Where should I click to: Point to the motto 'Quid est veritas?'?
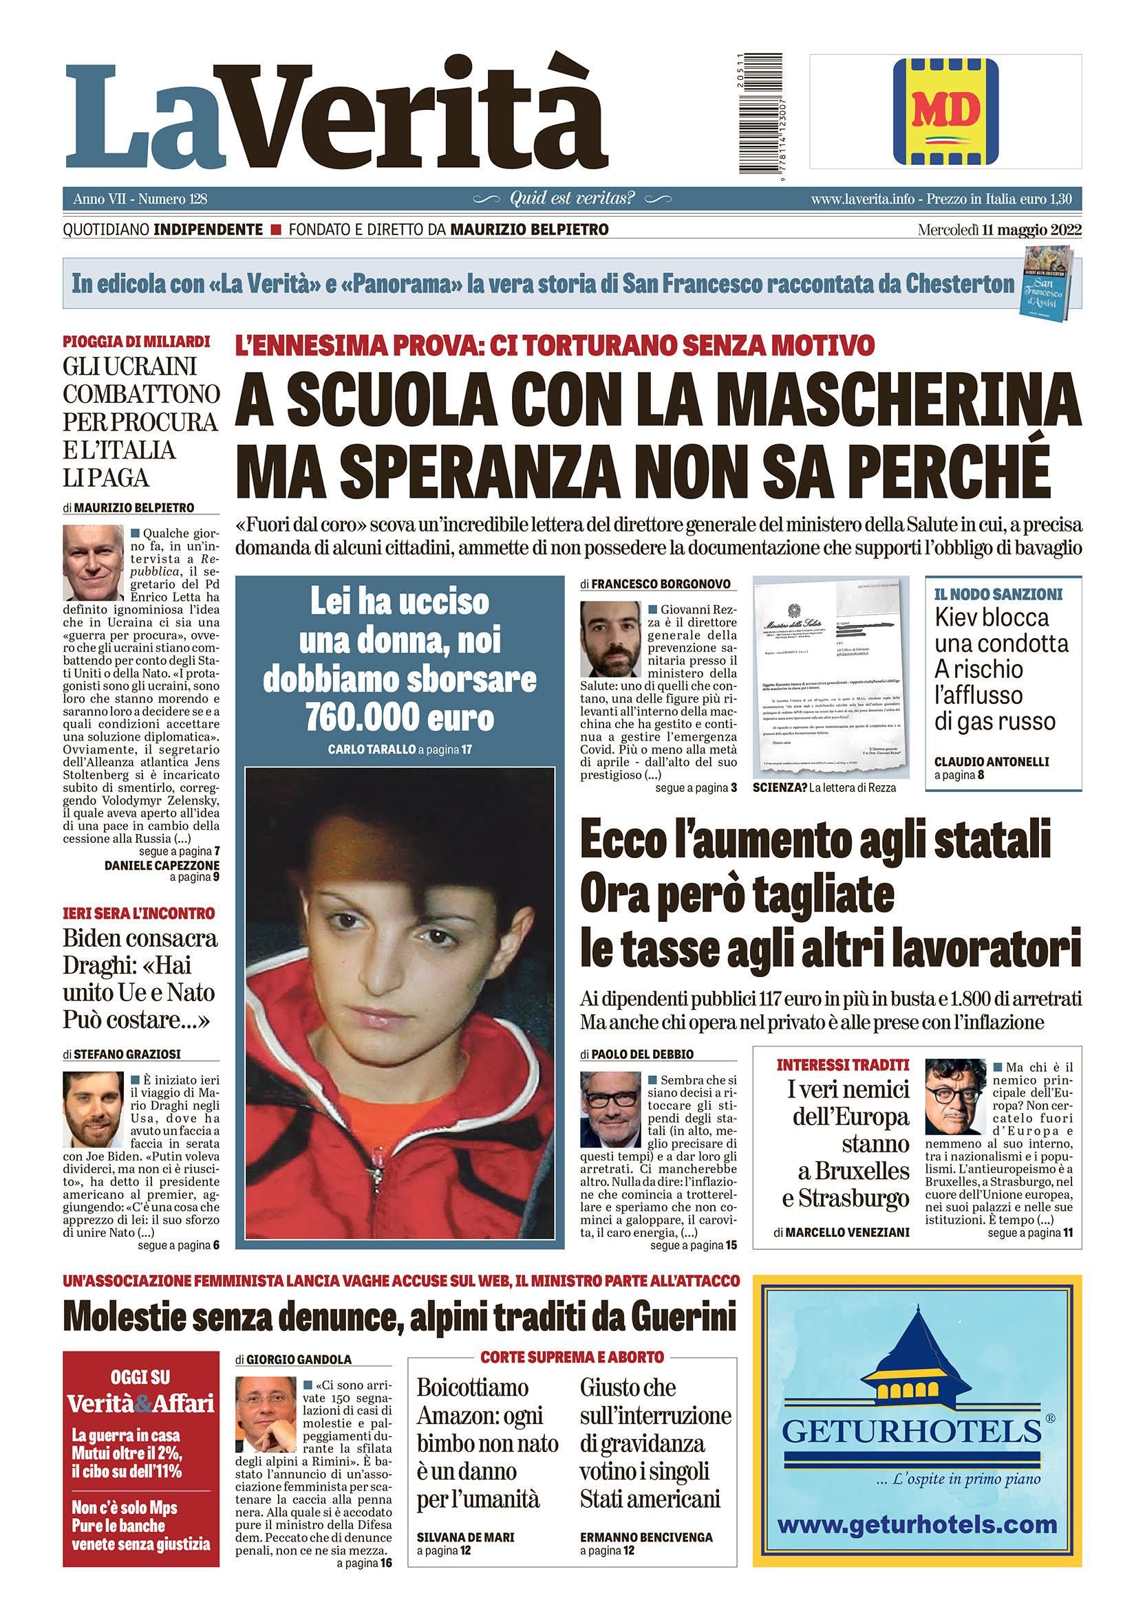(572, 199)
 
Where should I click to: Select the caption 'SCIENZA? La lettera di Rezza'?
(824, 788)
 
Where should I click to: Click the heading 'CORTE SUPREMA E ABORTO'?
(572, 1357)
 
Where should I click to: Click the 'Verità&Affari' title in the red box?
(140, 1403)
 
